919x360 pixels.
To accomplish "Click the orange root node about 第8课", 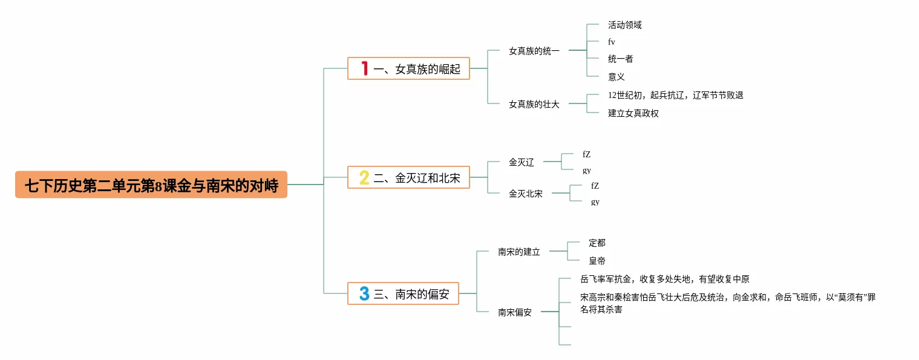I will pyautogui.click(x=151, y=185).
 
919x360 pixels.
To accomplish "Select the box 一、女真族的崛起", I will pyautogui.click(x=408, y=69).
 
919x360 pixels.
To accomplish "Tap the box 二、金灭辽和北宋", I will pyautogui.click(x=408, y=178).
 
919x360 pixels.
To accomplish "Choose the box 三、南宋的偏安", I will pyautogui.click(x=403, y=294).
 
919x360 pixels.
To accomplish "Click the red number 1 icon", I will pyautogui.click(x=365, y=69).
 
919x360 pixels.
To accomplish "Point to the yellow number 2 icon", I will pyautogui.click(x=364, y=178).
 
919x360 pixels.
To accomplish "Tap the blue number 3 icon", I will pyautogui.click(x=364, y=294).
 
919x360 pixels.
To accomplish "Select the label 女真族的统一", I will pyautogui.click(x=534, y=51).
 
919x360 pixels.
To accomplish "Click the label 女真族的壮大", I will pyautogui.click(x=534, y=104).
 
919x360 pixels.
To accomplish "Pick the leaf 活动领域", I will pyautogui.click(x=624, y=25).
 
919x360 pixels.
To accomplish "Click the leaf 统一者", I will pyautogui.click(x=620, y=59).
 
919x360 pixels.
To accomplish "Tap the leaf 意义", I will pyautogui.click(x=616, y=77).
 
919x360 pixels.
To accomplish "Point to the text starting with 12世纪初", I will pyautogui.click(x=675, y=96).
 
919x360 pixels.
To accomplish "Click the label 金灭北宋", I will pyautogui.click(x=526, y=194).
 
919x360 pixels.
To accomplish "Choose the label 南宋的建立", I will pyautogui.click(x=519, y=252).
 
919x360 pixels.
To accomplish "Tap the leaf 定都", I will pyautogui.click(x=597, y=243).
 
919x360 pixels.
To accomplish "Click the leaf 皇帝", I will pyautogui.click(x=597, y=261).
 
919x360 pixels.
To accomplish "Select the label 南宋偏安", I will pyautogui.click(x=515, y=312).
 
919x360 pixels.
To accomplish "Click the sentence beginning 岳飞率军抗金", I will pyautogui.click(x=664, y=279).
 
